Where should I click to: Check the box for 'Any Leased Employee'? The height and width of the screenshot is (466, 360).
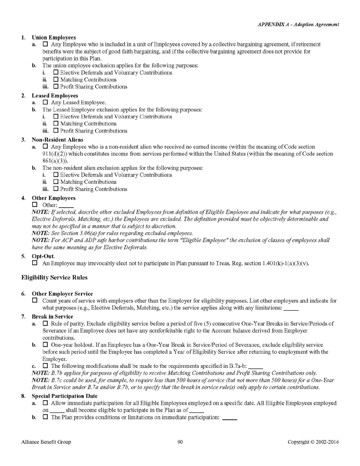pos(45,103)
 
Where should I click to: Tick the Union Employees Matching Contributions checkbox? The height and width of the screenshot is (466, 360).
pos(56,80)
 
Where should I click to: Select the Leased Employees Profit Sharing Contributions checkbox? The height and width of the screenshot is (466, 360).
pos(56,131)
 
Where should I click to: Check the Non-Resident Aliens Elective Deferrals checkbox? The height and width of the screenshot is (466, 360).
pos(56,175)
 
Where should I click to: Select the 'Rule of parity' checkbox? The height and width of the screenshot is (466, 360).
pos(45,324)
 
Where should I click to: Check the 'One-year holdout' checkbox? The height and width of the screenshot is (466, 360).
pos(45,345)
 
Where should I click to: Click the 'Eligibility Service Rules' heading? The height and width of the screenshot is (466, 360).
pos(54,277)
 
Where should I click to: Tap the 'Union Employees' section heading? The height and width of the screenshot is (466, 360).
pos(54,37)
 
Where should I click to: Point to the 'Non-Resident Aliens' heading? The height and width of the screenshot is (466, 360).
pos(57,140)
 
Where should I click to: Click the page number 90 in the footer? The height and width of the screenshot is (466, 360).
pos(180,442)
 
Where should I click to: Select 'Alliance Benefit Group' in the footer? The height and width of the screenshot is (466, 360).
pos(46,442)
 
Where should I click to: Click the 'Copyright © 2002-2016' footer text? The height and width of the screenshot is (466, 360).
pos(313,442)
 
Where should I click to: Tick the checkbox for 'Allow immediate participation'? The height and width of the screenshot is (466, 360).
pos(45,404)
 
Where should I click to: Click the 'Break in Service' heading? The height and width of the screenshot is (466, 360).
pos(52,317)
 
